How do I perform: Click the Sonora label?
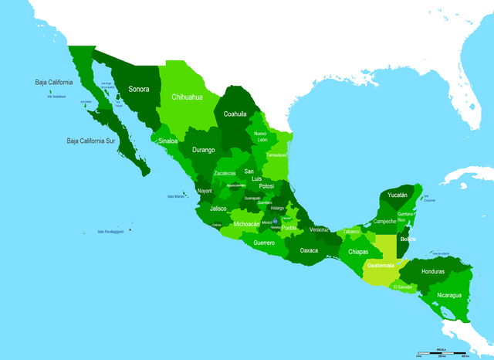point(139,89)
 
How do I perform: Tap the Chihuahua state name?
point(187,97)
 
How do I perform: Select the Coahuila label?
point(235,114)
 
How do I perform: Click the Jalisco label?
point(218,209)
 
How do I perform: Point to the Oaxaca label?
point(309,250)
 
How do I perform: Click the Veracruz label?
point(319,229)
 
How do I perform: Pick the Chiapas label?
point(358,252)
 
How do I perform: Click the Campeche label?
point(384,221)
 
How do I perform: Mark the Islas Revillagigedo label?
point(111,231)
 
